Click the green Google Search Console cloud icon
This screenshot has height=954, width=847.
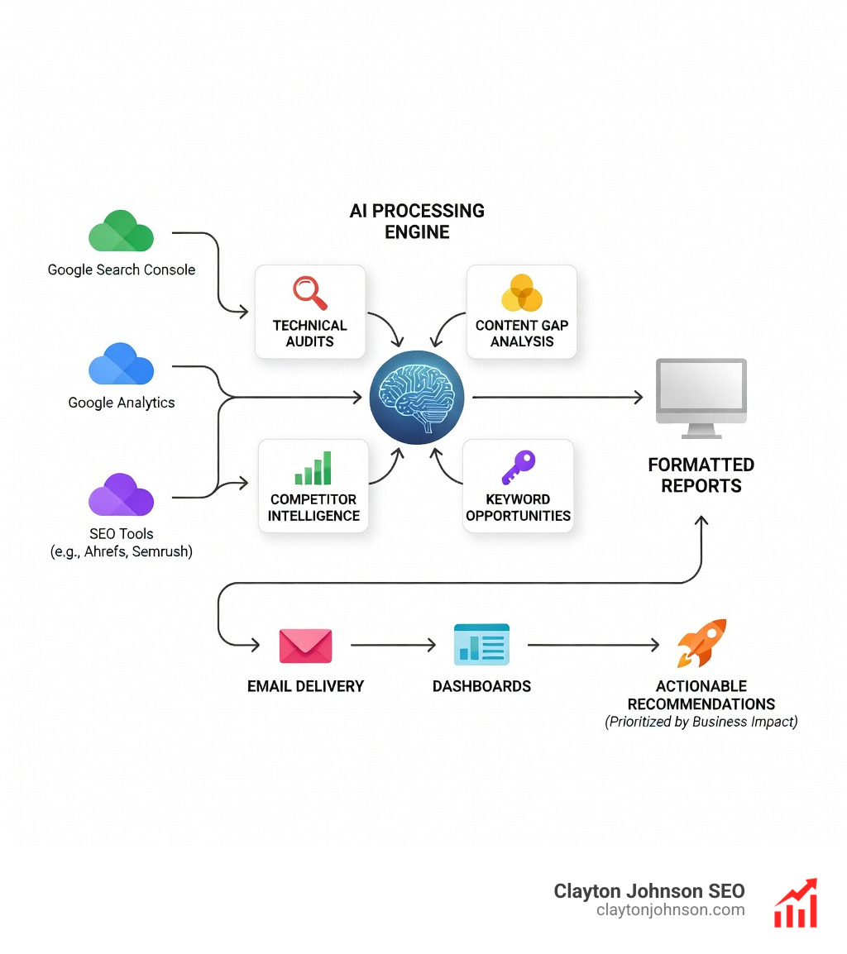tap(121, 232)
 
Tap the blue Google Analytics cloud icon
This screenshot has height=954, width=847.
tap(121, 365)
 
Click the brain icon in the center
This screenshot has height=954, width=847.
tap(417, 398)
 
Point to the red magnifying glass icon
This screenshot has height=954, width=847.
tap(310, 293)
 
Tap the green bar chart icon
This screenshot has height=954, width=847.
tap(313, 469)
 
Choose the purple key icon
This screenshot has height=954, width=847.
tap(519, 467)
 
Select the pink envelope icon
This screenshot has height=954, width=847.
tap(305, 646)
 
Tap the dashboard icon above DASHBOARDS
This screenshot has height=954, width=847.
tap(481, 645)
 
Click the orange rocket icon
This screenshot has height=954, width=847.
tap(701, 642)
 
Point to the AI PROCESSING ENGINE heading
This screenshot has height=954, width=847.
tap(417, 222)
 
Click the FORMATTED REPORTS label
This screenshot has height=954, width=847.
tap(701, 475)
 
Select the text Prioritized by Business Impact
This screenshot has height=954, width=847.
tap(701, 722)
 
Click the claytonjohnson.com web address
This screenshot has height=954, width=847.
tap(670, 910)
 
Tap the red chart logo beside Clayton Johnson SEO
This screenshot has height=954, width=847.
tap(796, 903)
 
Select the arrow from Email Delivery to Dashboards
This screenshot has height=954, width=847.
tap(393, 646)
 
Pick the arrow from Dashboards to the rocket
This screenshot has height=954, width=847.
tap(593, 645)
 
